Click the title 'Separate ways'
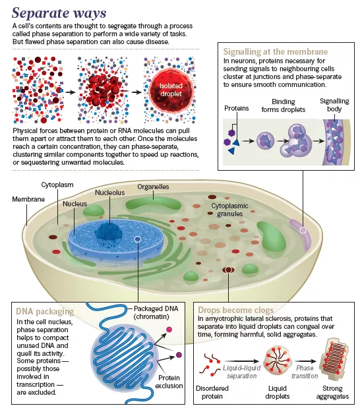pos(59,13)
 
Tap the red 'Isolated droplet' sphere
pos(171,90)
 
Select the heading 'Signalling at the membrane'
pos(276,51)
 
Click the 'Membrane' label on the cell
pos(28,199)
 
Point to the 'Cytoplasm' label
pos(57,185)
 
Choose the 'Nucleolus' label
pos(109,192)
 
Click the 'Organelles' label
pos(153,187)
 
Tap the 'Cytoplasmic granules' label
pos(230,210)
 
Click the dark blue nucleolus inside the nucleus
pos(109,233)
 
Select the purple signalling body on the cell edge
pos(301,233)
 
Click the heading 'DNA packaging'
pos(45,312)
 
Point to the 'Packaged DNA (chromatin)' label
pos(156,312)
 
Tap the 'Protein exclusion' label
pos(169,382)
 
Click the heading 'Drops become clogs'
pos(236,310)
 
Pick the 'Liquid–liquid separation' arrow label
pos(241,372)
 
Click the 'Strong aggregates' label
pos(332,392)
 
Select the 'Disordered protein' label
pos(212,392)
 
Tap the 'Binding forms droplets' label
pos(284,105)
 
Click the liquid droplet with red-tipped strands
pos(278,360)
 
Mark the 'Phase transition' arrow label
pos(305,372)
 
